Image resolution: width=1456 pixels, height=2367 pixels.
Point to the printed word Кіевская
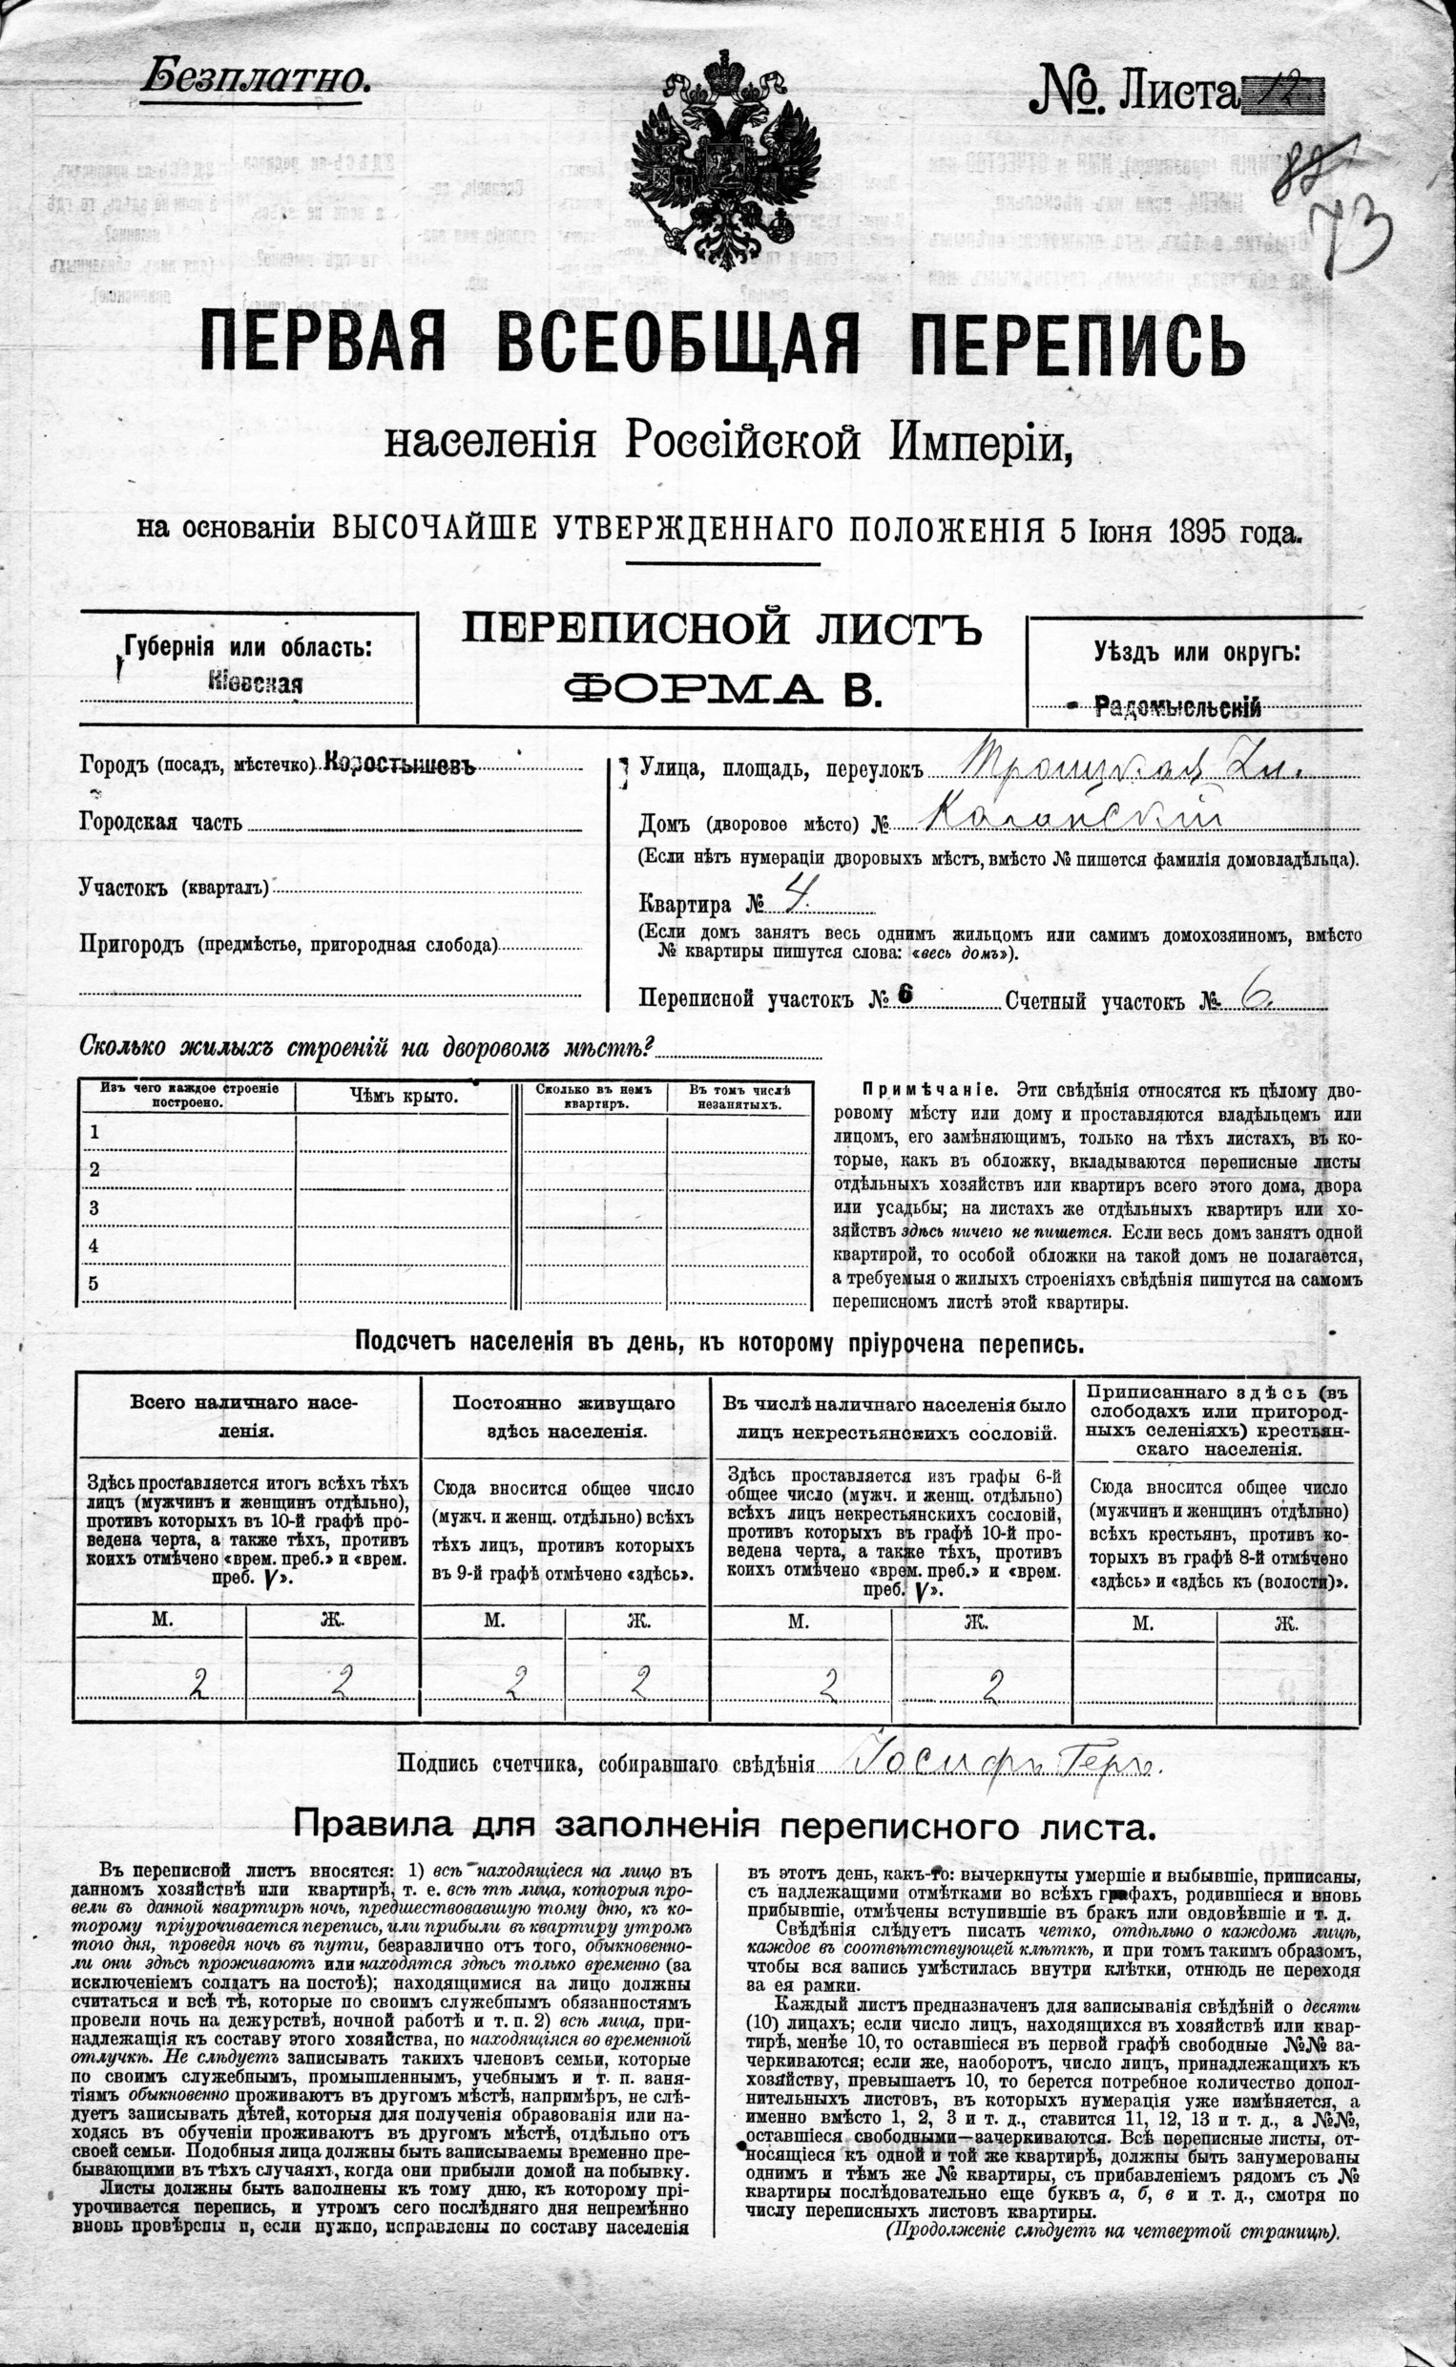pos(255,683)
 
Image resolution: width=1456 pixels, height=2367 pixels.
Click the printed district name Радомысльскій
pos(1177,708)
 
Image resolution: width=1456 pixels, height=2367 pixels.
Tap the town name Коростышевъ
pos(401,765)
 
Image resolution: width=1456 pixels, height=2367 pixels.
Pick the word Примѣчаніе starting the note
pos(922,1090)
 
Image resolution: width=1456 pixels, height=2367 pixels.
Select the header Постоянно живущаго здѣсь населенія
pos(565,1416)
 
